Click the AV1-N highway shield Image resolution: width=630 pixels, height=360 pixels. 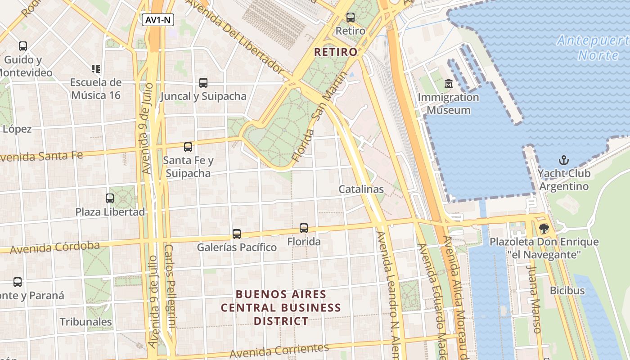[157, 20]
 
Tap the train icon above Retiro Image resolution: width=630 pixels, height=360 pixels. [350, 18]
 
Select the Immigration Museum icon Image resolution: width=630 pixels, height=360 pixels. [448, 84]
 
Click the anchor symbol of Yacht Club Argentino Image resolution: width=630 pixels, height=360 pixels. [563, 160]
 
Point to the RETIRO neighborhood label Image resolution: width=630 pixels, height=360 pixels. [336, 52]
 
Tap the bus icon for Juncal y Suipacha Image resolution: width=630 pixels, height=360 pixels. [203, 83]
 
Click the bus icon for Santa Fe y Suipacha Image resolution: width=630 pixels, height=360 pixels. [188, 147]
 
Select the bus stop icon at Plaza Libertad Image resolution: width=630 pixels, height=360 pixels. [110, 198]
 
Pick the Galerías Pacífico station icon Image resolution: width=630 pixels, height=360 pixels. [237, 234]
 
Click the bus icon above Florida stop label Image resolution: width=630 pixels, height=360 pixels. [304, 228]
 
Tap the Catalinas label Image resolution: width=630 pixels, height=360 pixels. [361, 189]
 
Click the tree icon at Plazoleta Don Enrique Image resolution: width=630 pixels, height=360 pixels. [544, 229]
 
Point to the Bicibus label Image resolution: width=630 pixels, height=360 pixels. [567, 290]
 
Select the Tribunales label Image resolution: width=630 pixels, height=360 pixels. [85, 322]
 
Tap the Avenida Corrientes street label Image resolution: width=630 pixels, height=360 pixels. [279, 351]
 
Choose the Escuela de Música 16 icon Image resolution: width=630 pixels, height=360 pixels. [95, 69]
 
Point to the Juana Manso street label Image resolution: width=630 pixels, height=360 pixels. [534, 299]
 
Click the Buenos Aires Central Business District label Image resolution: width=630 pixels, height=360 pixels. [281, 308]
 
